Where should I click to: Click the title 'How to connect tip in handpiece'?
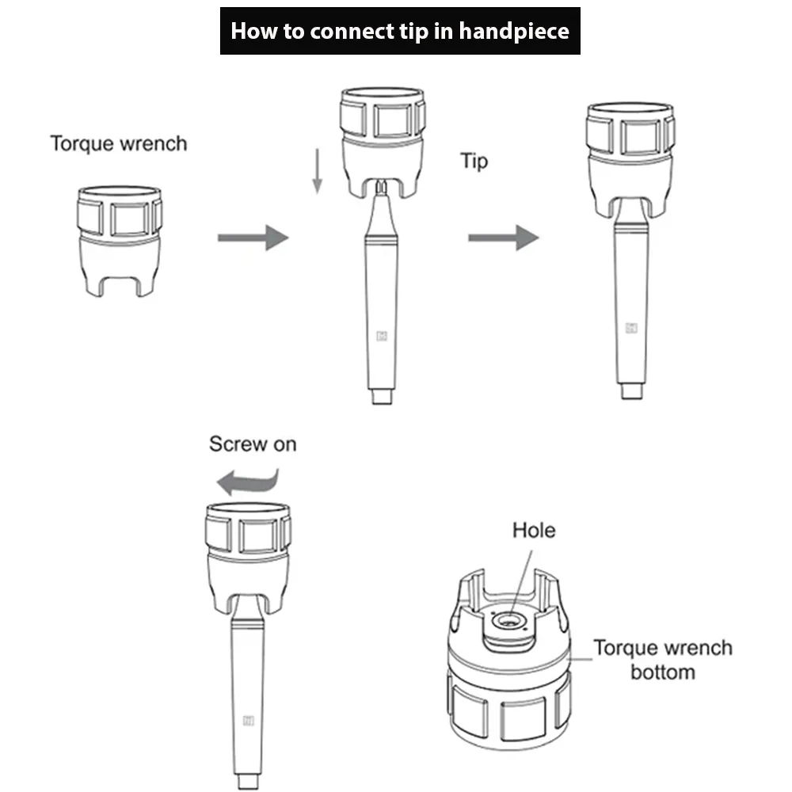[x=399, y=31]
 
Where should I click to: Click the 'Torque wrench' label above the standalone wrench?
[x=119, y=143]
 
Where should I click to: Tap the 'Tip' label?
[x=474, y=162]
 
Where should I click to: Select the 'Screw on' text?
[x=253, y=444]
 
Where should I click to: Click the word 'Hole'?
[x=534, y=530]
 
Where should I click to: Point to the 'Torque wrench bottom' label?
[x=663, y=660]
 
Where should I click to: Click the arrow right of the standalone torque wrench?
[x=253, y=237]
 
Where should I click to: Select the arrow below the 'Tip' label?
[x=503, y=237]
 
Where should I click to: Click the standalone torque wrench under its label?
[x=120, y=238]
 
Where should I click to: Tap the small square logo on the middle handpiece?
[x=382, y=335]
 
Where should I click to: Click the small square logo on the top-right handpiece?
[x=631, y=327]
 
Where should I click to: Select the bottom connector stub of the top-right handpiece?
[x=631, y=391]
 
